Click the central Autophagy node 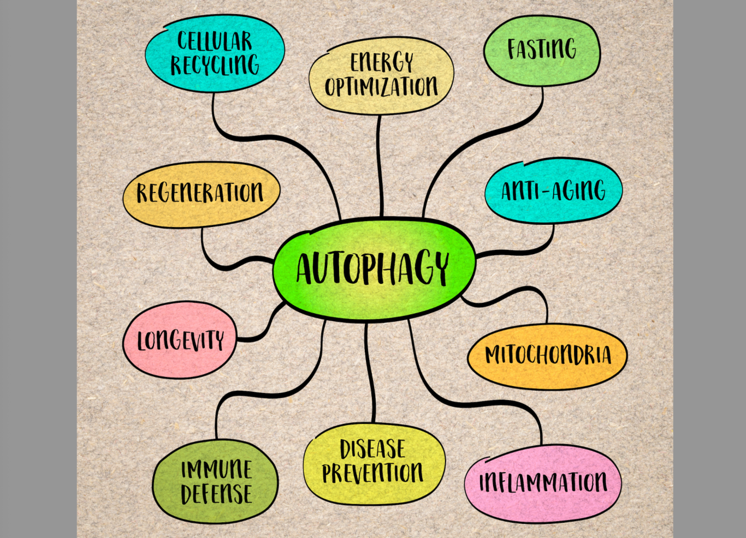point(374,268)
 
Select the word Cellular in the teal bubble point(215,41)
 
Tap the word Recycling point(215,65)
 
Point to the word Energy point(381,62)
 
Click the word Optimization point(381,86)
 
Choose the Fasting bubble point(542,50)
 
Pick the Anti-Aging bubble point(553,190)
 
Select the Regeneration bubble point(200,193)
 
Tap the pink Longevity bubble point(180,340)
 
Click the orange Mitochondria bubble point(548,355)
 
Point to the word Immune point(216,469)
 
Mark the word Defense point(216,494)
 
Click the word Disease point(373,449)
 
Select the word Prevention point(373,473)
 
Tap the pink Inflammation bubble point(543,482)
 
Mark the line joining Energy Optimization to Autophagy point(380,164)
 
